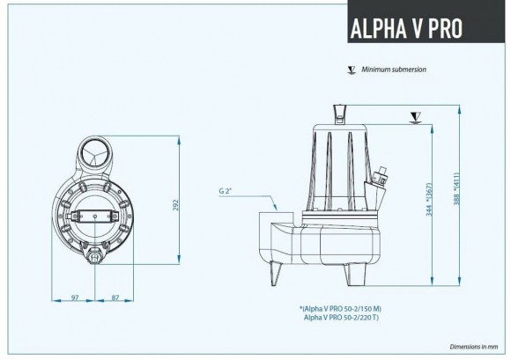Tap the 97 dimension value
point(74,298)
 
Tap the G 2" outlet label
point(226,190)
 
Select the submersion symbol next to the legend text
point(351,68)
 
